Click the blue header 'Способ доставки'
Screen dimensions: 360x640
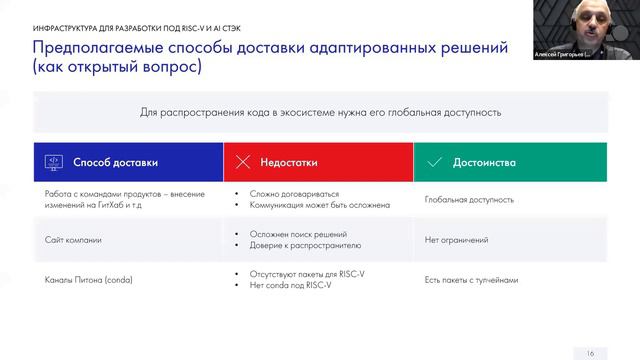(115, 161)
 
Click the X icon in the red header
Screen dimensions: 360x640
(242, 161)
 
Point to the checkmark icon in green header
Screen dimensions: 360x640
(434, 161)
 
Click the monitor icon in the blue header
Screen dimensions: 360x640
(53, 161)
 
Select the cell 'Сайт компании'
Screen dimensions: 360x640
(73, 240)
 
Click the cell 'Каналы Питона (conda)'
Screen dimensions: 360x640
(89, 279)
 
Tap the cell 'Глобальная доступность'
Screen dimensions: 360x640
(469, 200)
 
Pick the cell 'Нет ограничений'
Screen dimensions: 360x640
(456, 240)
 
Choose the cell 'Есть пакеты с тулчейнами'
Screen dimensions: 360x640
(472, 279)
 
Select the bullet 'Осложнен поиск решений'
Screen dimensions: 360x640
(297, 234)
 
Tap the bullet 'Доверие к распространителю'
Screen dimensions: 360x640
(304, 245)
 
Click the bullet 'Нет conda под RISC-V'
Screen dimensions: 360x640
(292, 285)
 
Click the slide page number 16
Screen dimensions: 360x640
(590, 351)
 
